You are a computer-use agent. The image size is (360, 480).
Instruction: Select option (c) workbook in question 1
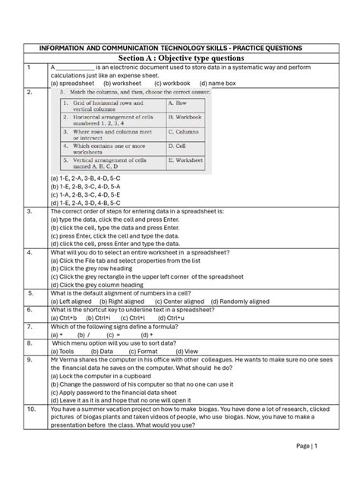point(171,83)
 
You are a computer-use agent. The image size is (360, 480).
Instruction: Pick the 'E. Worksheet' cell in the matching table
point(185,161)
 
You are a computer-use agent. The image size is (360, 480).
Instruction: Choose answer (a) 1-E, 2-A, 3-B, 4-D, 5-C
point(85,178)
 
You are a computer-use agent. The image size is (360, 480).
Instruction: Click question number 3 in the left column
point(28,212)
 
